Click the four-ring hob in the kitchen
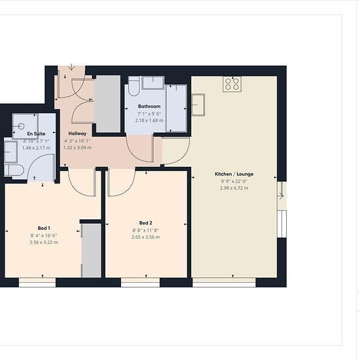point(232,84)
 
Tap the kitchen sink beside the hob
point(198,105)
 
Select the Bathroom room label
point(149,106)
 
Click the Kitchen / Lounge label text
point(234,174)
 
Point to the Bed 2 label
point(145,223)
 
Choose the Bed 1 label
point(44,228)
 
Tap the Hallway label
point(77,134)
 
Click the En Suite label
point(36,134)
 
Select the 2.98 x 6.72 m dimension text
point(234,188)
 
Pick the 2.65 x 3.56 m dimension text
point(145,237)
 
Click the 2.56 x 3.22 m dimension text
point(44,242)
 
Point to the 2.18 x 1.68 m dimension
point(149,120)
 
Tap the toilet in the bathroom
point(134,86)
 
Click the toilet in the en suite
point(14,170)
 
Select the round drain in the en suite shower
point(21,126)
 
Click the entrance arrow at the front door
point(71,67)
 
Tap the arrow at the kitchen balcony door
point(281,196)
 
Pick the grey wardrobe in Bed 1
point(92,251)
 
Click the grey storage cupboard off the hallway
point(107,104)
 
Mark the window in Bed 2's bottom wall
point(140,283)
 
